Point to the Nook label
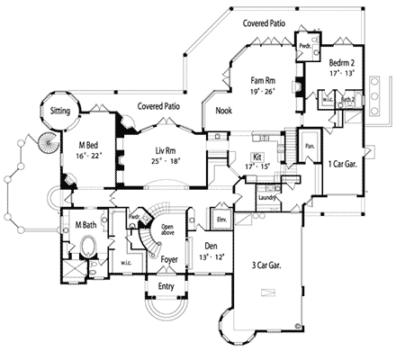coord(225,111)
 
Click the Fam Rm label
coord(263,80)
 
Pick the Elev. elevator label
coord(220,218)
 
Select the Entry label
coord(166,287)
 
